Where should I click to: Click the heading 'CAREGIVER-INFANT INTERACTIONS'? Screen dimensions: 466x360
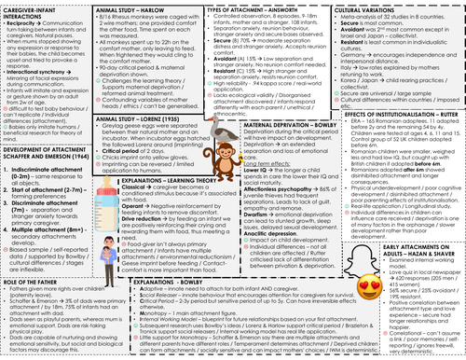click(27, 11)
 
